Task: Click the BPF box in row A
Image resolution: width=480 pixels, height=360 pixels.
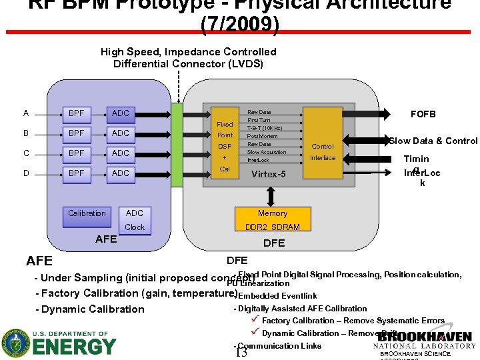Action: pyautogui.click(x=77, y=113)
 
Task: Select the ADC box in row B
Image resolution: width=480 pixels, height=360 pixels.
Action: pyautogui.click(x=121, y=133)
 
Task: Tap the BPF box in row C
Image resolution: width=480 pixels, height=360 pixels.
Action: pyautogui.click(x=77, y=153)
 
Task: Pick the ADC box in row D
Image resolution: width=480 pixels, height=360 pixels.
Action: pyautogui.click(x=121, y=173)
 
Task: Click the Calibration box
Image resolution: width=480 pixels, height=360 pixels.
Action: pyautogui.click(x=87, y=213)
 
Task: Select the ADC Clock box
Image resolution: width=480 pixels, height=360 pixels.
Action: pyautogui.click(x=135, y=220)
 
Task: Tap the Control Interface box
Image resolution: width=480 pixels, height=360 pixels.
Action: pyautogui.click(x=323, y=152)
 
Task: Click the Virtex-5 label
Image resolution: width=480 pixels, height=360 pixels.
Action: pyautogui.click(x=268, y=175)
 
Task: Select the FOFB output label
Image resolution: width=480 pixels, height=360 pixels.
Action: pyautogui.click(x=423, y=114)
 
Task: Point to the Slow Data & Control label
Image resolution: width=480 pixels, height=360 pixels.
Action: pyautogui.click(x=433, y=141)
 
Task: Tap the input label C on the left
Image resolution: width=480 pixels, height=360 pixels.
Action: pyautogui.click(x=25, y=153)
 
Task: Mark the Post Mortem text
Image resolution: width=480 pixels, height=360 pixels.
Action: pyautogui.click(x=262, y=136)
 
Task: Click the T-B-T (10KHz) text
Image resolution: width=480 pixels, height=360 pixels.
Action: pyautogui.click(x=265, y=128)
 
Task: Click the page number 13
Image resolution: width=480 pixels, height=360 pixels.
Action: pyautogui.click(x=241, y=352)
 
